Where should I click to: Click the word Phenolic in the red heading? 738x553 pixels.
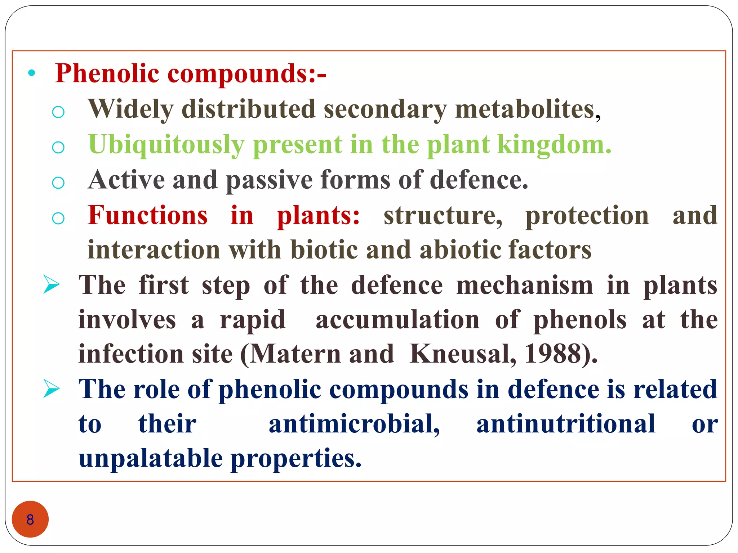pos(107,74)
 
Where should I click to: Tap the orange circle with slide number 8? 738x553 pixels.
pos(30,519)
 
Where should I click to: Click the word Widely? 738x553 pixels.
pos(130,110)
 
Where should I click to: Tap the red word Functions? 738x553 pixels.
pos(148,215)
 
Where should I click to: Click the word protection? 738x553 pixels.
pos(587,215)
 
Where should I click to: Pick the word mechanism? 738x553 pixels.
pos(524,285)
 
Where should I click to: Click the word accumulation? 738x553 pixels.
pos(397,320)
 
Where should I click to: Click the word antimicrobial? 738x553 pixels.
pos(354,424)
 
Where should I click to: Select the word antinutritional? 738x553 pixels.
pos(565,424)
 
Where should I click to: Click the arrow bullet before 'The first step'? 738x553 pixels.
pos(51,284)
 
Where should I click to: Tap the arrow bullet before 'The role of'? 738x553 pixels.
pos(51,389)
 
